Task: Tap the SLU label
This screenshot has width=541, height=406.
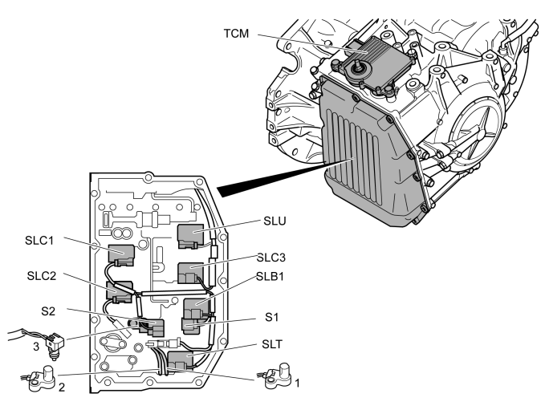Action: (x=274, y=220)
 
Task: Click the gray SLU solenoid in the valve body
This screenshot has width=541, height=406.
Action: (x=191, y=234)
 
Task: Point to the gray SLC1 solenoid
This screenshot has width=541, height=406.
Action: (x=122, y=255)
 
